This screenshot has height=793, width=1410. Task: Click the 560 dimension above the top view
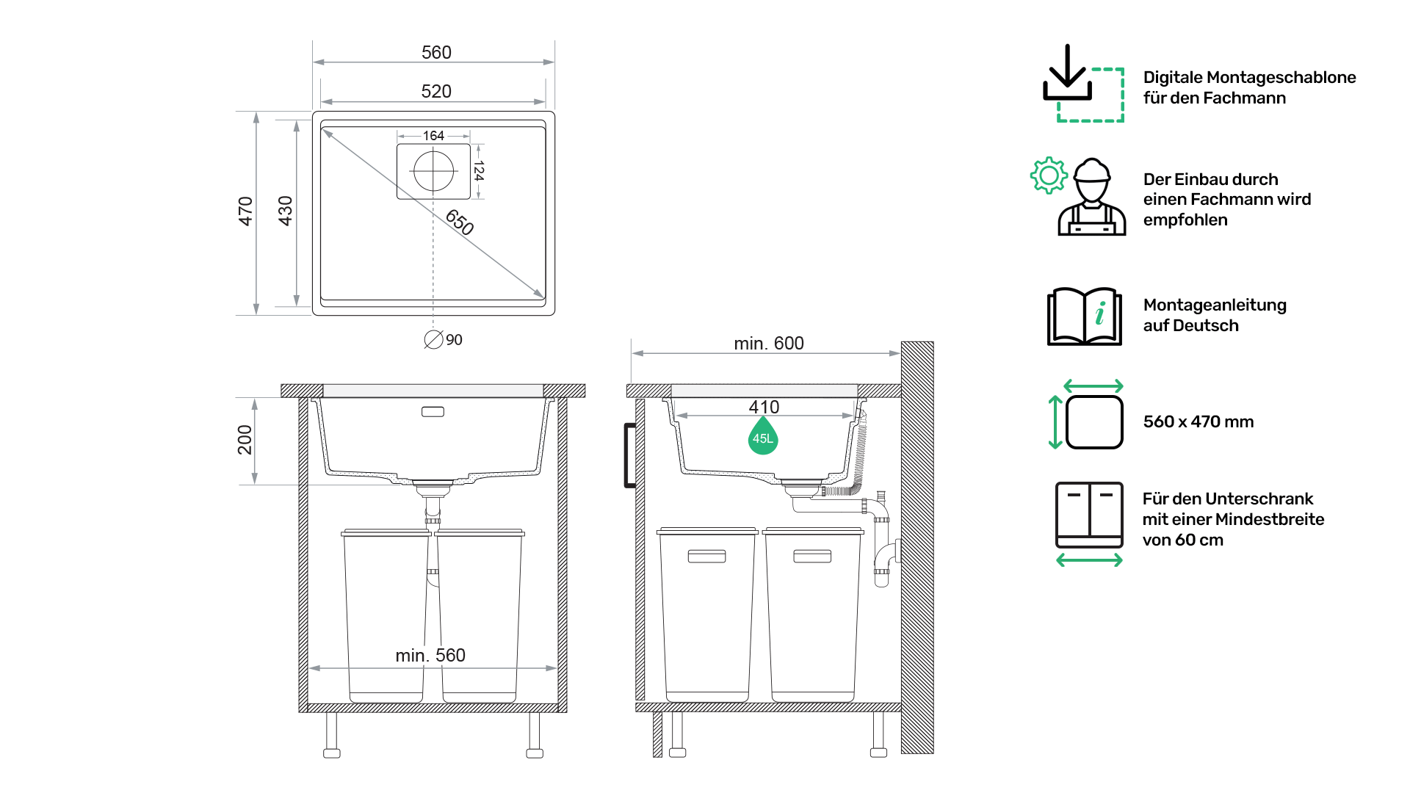pos(436,52)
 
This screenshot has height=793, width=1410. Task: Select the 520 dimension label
pos(436,91)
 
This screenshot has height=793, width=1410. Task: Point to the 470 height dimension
pos(245,211)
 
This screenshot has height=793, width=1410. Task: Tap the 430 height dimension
pos(285,211)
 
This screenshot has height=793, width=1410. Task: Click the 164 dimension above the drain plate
pos(433,136)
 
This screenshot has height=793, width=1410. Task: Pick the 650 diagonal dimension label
pos(460,222)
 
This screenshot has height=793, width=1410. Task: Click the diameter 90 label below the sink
pos(444,340)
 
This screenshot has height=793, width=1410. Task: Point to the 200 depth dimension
pos(245,440)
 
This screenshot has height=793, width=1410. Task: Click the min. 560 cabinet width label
pos(430,655)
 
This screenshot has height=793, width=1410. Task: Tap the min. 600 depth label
pos(769,343)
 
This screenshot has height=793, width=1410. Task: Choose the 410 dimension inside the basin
pos(764,407)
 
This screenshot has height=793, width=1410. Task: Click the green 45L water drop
pos(763,436)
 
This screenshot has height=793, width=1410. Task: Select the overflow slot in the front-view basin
pos(433,412)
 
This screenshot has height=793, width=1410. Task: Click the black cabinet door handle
pos(629,455)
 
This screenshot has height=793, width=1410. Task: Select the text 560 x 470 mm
pos(1198,421)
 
